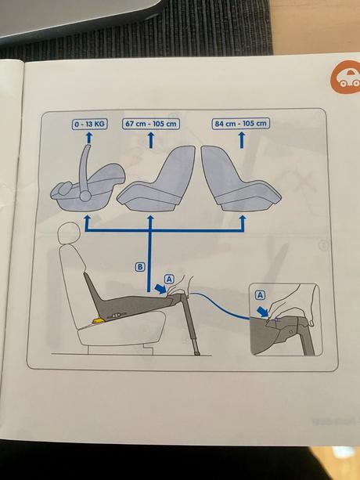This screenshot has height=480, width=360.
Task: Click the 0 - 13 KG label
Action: pyautogui.click(x=88, y=125)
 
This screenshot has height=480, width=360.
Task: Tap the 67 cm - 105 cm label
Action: pyautogui.click(x=150, y=125)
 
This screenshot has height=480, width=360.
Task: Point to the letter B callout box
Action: pyautogui.click(x=140, y=267)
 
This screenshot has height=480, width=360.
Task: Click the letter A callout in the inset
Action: pyautogui.click(x=261, y=294)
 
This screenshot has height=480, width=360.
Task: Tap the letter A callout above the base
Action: pyautogui.click(x=171, y=278)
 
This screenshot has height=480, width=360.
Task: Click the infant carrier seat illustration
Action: pyautogui.click(x=86, y=186)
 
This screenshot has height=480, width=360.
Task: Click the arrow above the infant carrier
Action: pyautogui.click(x=88, y=139)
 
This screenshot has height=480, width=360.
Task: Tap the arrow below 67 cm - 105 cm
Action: pyautogui.click(x=150, y=140)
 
